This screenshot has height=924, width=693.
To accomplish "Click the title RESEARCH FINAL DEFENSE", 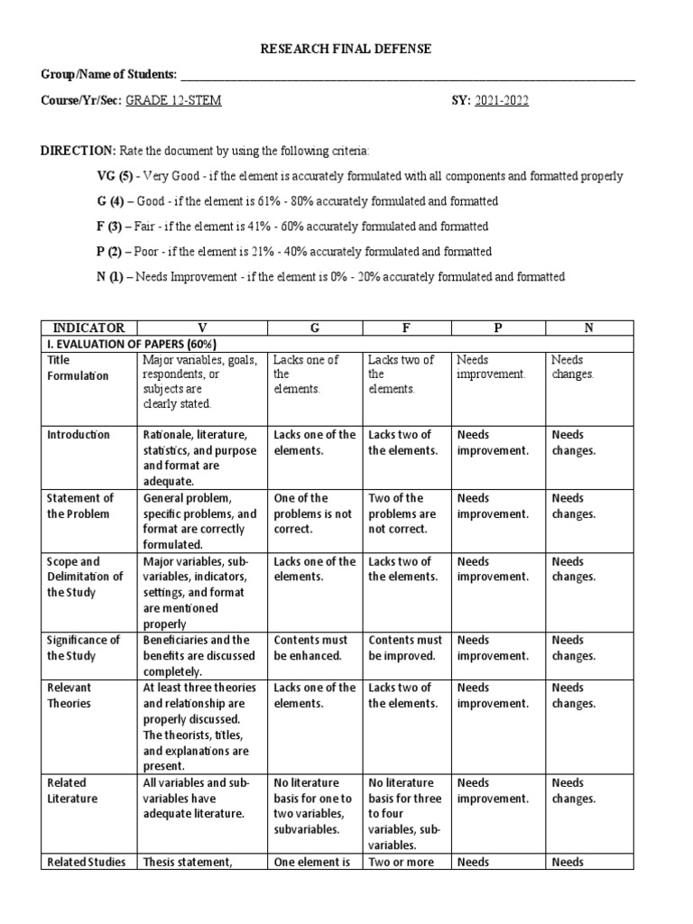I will (346, 49).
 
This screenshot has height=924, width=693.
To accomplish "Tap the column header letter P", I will (497, 328).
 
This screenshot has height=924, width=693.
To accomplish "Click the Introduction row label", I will (78, 435).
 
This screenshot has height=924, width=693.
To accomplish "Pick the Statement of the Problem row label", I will (80, 506).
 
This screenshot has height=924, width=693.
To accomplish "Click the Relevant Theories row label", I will (69, 696).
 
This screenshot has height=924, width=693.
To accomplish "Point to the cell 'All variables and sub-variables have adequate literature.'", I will (193, 799).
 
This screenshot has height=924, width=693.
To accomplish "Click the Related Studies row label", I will (86, 862).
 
